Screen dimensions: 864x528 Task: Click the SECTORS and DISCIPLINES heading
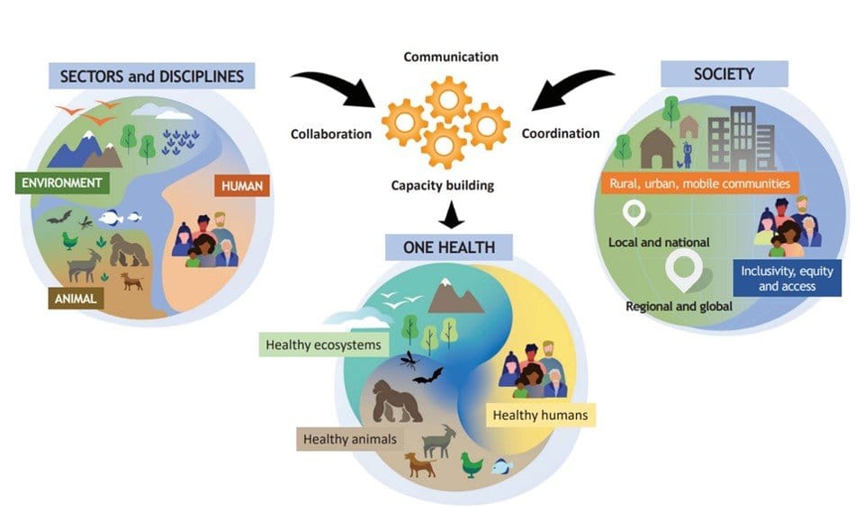[151, 76]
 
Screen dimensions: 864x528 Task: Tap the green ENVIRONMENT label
[62, 184]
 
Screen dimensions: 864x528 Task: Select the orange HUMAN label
[241, 186]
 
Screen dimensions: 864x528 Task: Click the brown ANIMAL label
[76, 298]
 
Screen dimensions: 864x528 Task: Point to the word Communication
[450, 57]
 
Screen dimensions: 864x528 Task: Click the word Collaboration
[330, 134]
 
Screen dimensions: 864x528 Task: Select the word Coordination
[560, 134]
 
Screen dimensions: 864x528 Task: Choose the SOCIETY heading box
[724, 74]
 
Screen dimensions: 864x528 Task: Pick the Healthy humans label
[539, 415]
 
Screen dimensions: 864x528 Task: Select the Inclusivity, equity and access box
[787, 278]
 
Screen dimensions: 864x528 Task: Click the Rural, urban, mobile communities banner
[698, 183]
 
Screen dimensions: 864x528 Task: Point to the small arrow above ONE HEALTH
[442, 216]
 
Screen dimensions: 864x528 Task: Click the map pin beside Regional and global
[681, 269]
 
